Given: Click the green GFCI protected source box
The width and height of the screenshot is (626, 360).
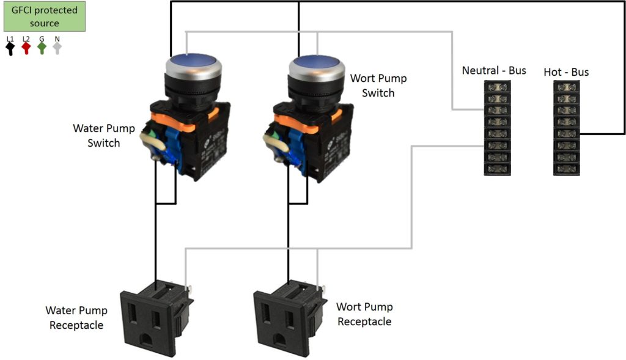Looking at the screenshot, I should [x=45, y=17].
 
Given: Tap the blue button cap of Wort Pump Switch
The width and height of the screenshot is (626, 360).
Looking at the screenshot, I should [x=315, y=63].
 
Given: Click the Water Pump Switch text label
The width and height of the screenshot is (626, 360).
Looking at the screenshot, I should [x=97, y=136].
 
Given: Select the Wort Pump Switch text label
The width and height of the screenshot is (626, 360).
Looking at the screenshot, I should [x=378, y=86].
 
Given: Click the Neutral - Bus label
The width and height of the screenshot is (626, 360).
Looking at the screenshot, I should [x=494, y=70].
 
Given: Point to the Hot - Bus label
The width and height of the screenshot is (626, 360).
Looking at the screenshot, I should [x=566, y=72].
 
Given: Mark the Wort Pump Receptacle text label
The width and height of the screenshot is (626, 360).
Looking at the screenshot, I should [x=364, y=314].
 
